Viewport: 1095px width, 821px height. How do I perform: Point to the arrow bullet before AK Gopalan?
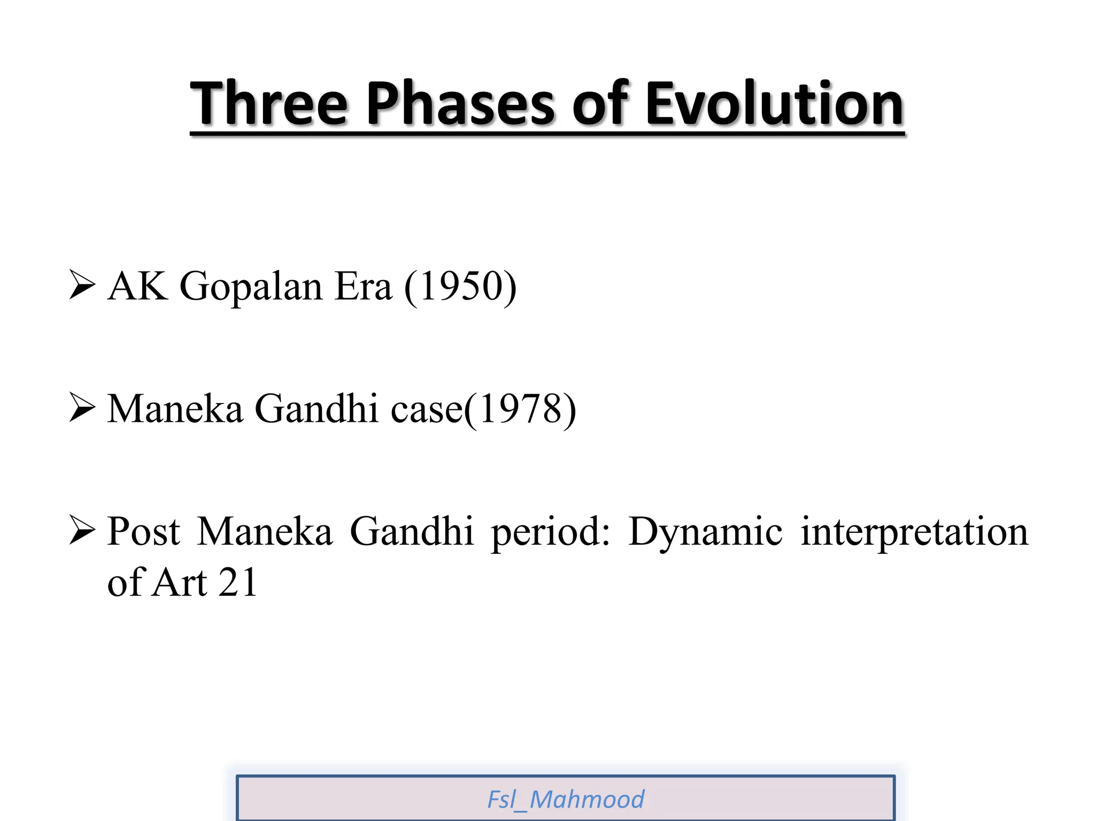tap(82, 285)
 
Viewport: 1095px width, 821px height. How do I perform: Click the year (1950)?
tap(460, 286)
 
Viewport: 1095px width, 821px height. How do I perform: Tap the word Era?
tap(363, 286)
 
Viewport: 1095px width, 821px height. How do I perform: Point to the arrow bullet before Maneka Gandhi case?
tap(82, 408)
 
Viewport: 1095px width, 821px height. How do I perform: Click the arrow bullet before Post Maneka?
tap(82, 531)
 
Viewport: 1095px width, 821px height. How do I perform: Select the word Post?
tap(144, 532)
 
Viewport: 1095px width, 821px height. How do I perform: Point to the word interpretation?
tap(914, 532)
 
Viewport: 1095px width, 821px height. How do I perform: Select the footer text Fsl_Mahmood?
tap(565, 800)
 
